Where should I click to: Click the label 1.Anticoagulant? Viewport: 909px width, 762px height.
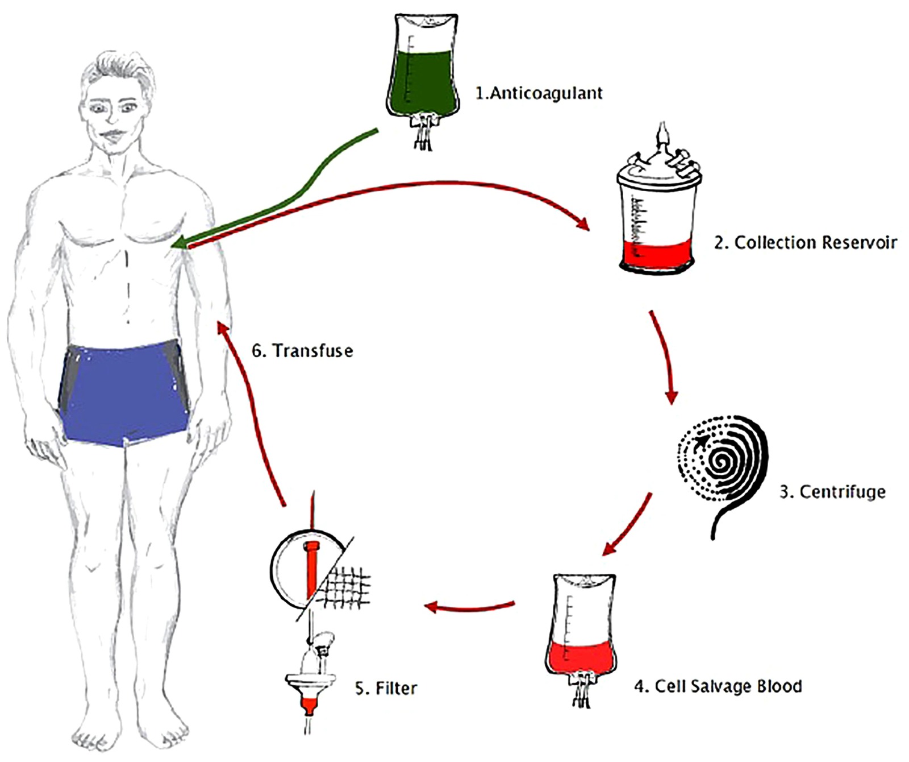539,93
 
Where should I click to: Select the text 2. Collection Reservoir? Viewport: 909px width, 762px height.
805,243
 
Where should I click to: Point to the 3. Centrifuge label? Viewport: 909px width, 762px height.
832,491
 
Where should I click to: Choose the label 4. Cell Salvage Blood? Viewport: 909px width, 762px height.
718,686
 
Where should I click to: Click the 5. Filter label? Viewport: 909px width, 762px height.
386,688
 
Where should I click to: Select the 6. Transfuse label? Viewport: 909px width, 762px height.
302,350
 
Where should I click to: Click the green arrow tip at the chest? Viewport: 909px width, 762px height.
177,245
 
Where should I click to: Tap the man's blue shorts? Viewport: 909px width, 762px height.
125,392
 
